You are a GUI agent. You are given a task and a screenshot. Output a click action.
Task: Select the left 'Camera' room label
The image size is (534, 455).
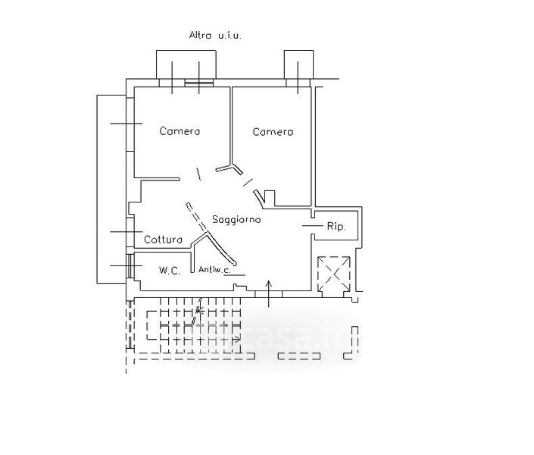pyautogui.click(x=180, y=131)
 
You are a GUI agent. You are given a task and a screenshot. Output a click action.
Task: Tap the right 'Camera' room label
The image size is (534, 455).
pyautogui.click(x=273, y=132)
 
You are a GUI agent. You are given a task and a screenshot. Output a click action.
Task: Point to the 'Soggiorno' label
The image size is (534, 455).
pyautogui.click(x=236, y=219)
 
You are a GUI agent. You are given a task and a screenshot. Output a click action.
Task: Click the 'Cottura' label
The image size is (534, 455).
pyautogui.click(x=164, y=240)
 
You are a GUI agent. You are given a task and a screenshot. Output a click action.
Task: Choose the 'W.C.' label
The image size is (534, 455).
pyautogui.click(x=170, y=271)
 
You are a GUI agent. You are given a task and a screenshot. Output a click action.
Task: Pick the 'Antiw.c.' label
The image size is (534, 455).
pyautogui.click(x=215, y=269)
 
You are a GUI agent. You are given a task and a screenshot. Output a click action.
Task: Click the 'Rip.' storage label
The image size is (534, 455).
pyautogui.click(x=336, y=227)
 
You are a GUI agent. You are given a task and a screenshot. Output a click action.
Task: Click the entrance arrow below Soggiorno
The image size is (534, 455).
pyautogui.click(x=270, y=292)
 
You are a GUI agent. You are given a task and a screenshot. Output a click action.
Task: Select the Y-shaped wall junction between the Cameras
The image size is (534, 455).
pyautogui.click(x=228, y=168)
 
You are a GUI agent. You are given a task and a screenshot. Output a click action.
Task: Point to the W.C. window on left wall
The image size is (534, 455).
pyautogui.click(x=130, y=266)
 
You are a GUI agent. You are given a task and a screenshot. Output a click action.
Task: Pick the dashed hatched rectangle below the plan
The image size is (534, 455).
pyautogui.click(x=193, y=327)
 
